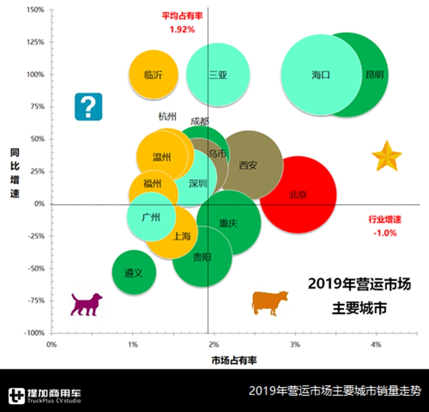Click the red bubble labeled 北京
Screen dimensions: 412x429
coord(298,195)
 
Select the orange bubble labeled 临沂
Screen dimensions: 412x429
coord(153,75)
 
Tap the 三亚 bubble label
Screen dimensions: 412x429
coord(218,75)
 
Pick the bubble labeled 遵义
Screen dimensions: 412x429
coord(134,273)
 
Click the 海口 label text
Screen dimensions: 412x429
coord(321,75)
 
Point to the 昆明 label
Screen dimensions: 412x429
coord(374,75)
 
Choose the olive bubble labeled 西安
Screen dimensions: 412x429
coord(248,165)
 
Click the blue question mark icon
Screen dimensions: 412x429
coord(88,106)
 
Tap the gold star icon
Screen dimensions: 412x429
coord(387,157)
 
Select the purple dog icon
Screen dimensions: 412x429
coord(86,304)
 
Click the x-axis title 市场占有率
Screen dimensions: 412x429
coord(234,360)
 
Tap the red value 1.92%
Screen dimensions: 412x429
coord(182,29)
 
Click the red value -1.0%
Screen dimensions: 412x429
coord(384,233)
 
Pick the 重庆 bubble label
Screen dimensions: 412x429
coord(228,223)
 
